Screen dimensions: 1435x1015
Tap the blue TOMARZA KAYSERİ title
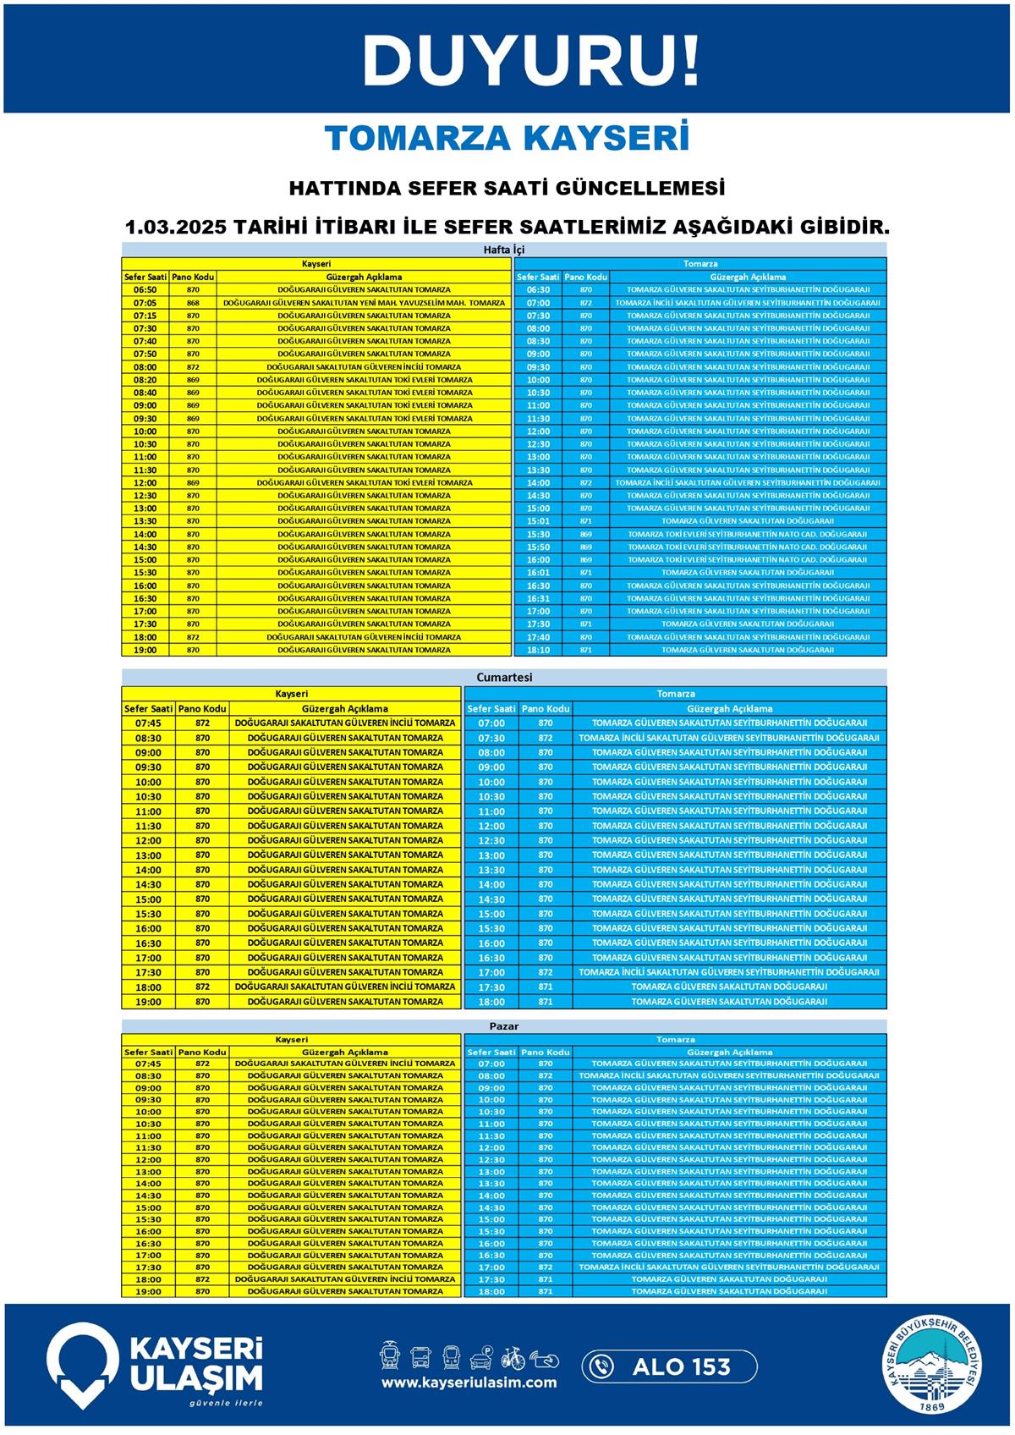coord(507,139)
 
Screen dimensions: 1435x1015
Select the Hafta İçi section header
coord(504,250)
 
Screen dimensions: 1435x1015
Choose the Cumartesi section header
coord(504,678)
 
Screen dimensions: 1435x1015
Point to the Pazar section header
coord(504,1026)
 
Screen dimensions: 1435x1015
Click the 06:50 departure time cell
coord(145,289)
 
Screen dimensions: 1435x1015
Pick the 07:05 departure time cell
coord(145,303)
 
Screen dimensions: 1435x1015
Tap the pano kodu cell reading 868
coord(193,303)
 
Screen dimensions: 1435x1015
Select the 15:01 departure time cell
coord(538,521)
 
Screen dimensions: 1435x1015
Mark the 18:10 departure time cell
coord(538,650)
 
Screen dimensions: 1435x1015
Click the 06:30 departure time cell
coord(538,289)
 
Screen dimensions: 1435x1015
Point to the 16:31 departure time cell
coord(538,598)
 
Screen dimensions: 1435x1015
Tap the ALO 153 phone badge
coord(669,1366)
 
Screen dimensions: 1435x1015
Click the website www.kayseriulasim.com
coord(469,1383)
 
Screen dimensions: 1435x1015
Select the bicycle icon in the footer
coord(513,1357)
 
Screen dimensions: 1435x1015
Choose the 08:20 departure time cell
coord(145,380)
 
